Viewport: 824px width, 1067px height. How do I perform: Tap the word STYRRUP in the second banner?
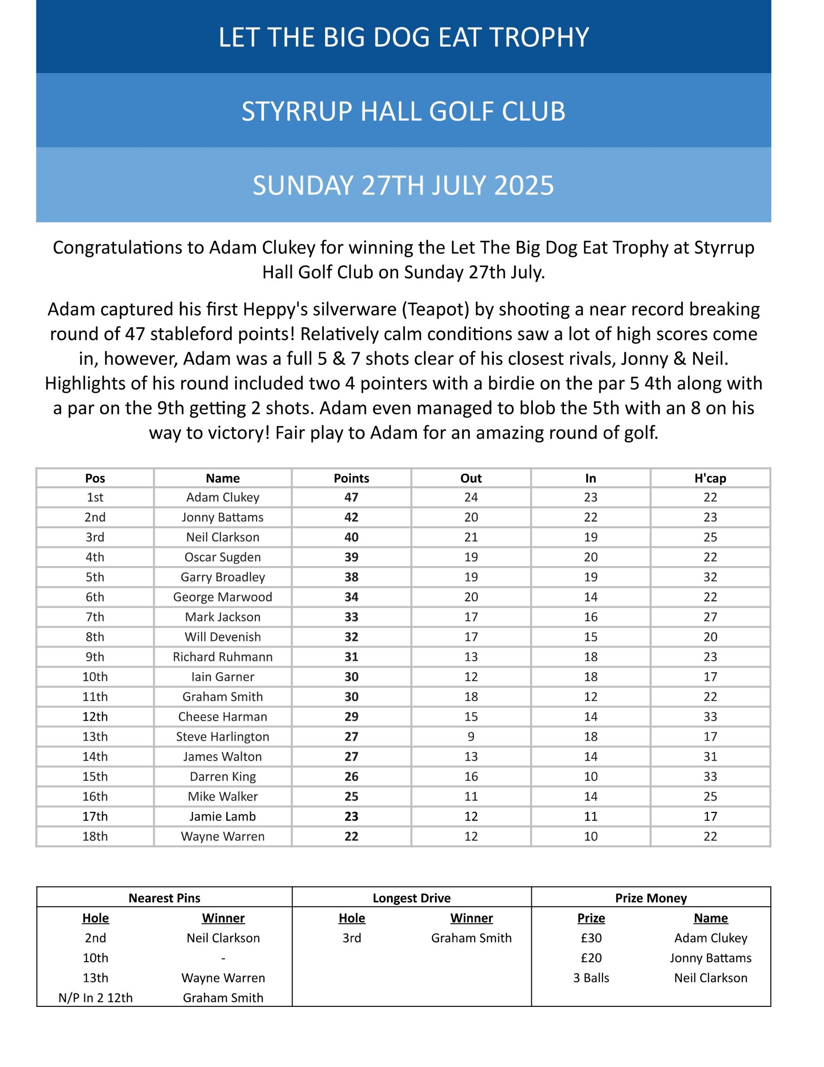click(x=298, y=111)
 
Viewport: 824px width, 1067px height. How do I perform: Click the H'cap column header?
click(x=710, y=478)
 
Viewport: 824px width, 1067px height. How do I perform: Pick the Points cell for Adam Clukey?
click(x=351, y=497)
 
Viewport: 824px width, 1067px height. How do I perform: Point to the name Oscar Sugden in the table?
click(x=223, y=557)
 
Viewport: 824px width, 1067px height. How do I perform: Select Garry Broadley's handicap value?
click(x=710, y=577)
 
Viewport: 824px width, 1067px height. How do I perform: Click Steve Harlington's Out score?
click(x=471, y=736)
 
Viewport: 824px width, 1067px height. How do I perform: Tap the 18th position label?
click(x=95, y=836)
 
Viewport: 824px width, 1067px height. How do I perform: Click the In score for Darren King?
click(x=590, y=776)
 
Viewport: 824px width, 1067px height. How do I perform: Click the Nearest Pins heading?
click(x=164, y=898)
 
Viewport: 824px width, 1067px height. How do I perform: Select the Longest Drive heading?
click(x=411, y=898)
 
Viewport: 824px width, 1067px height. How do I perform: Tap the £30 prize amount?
click(x=591, y=938)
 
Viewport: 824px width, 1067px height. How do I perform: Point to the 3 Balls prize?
click(x=591, y=978)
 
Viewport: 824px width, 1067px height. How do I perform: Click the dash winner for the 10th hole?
click(x=223, y=958)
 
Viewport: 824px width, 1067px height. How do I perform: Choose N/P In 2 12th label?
click(x=95, y=997)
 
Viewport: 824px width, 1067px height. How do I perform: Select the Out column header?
click(x=471, y=478)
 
